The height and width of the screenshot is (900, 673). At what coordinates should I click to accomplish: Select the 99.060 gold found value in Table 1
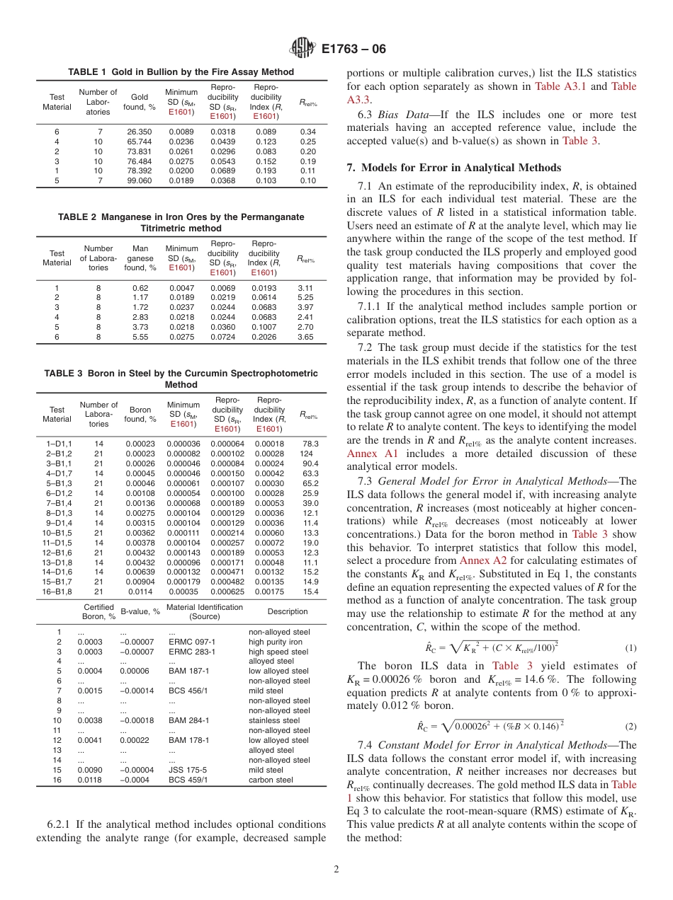click(140, 180)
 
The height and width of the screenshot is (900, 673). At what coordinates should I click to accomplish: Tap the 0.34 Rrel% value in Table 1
click(307, 132)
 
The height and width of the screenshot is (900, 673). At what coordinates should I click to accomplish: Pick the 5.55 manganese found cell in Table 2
click(140, 337)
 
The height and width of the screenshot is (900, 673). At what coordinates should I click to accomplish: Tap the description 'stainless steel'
click(275, 721)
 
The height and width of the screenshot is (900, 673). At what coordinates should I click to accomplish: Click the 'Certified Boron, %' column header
click(99, 611)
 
